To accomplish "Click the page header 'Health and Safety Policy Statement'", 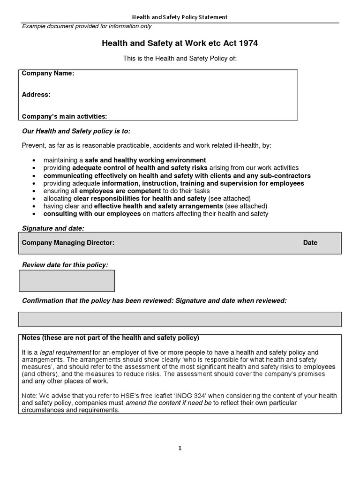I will click(x=180, y=17).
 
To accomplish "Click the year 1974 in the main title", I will click(x=248, y=44).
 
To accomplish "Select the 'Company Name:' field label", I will click(x=48, y=74).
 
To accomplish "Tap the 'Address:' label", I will click(x=36, y=95).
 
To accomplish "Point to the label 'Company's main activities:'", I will click(x=64, y=116).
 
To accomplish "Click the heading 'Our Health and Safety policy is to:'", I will click(x=73, y=131).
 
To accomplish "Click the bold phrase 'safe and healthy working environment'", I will click(x=145, y=160).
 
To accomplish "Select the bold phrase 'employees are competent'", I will click(x=120, y=191).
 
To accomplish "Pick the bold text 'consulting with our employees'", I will click(x=92, y=214).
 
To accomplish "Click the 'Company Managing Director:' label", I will click(x=68, y=243).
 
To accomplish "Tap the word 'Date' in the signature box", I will click(x=310, y=243).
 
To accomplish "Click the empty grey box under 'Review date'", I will click(x=67, y=281).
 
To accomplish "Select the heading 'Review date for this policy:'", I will click(x=65, y=265).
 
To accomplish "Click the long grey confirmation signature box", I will click(x=180, y=319).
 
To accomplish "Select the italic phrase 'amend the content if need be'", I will click(x=168, y=403).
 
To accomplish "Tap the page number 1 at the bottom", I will click(x=180, y=448).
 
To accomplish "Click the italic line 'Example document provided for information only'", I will click(x=87, y=26).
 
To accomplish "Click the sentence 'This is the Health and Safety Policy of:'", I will click(x=180, y=58).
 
